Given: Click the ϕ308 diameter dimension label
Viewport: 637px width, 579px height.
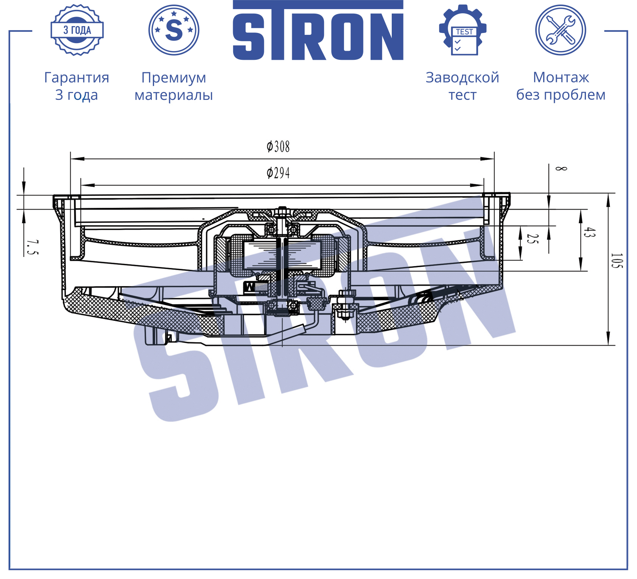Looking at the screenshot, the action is [x=278, y=146].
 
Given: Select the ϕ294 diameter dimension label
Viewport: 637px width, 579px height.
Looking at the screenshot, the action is [x=278, y=173].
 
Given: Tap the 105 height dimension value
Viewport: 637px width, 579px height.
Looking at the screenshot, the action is [x=616, y=261].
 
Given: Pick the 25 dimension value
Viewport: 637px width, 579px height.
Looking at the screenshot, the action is [x=532, y=239].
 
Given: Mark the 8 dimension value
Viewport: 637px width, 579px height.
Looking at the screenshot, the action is [x=561, y=168].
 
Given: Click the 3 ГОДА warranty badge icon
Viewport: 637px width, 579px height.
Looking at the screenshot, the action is [x=77, y=30].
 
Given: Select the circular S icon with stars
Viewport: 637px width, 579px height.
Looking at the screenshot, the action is [x=174, y=30].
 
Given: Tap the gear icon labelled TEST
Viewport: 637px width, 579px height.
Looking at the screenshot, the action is [x=463, y=30].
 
